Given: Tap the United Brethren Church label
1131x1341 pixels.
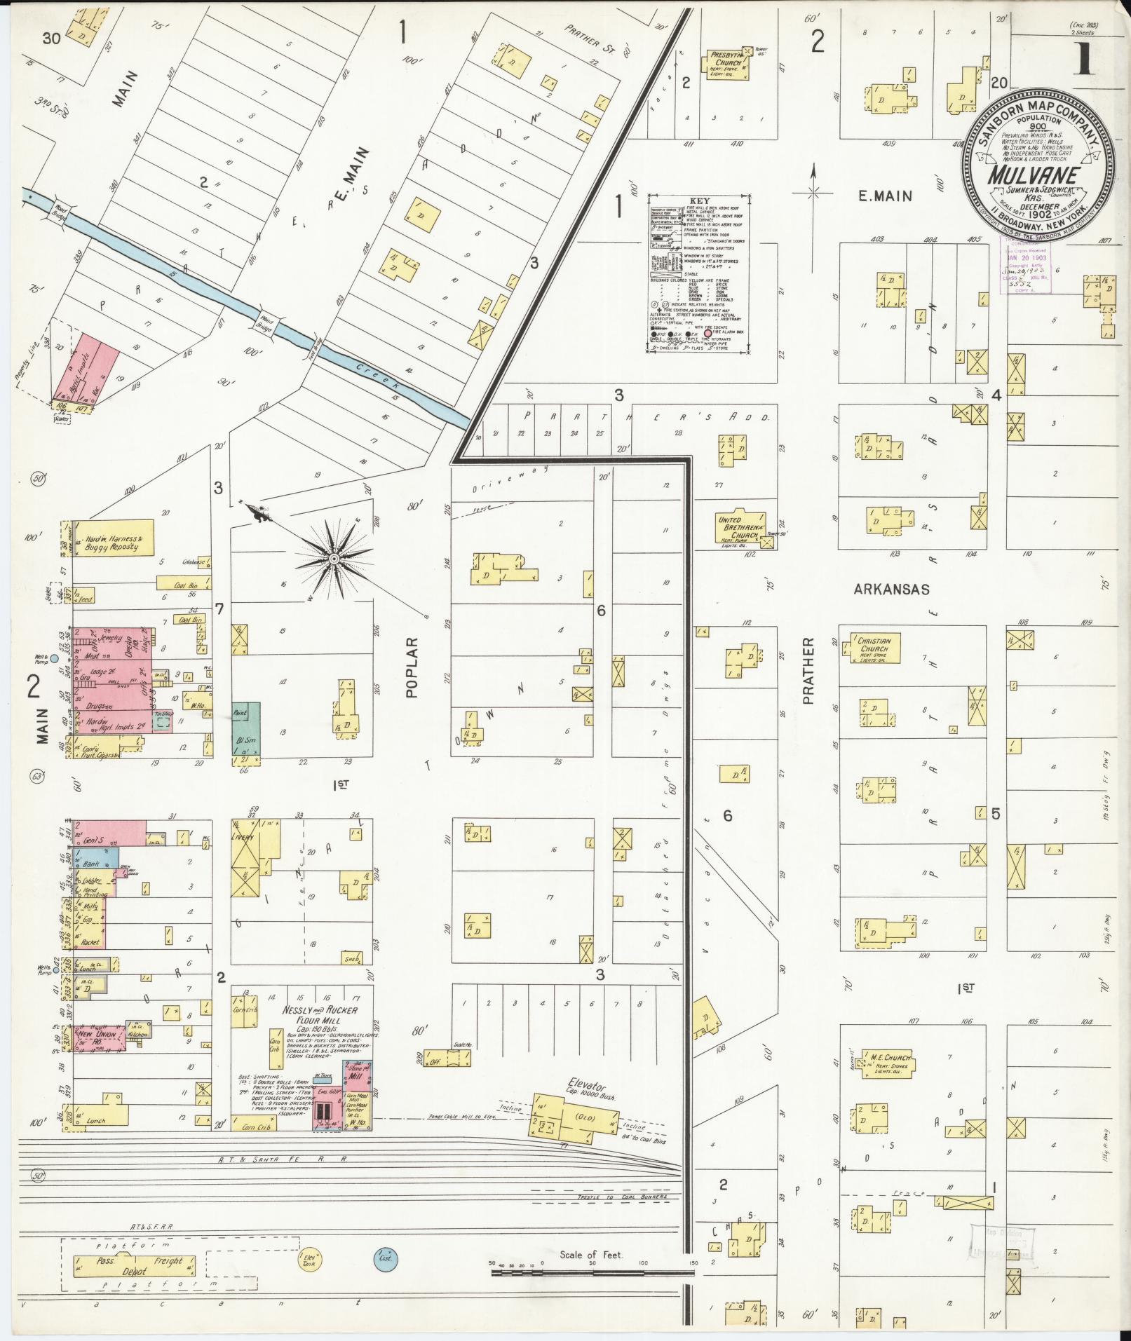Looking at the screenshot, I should tap(738, 525).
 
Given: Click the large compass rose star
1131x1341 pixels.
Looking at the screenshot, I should tap(334, 558).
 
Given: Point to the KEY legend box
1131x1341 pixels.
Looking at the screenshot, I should tap(698, 273).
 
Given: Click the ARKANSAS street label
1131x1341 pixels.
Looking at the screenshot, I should tap(892, 590).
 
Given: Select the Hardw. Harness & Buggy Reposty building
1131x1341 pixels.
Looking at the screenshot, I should tap(116, 538).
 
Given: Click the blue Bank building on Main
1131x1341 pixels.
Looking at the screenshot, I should tap(97, 864).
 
